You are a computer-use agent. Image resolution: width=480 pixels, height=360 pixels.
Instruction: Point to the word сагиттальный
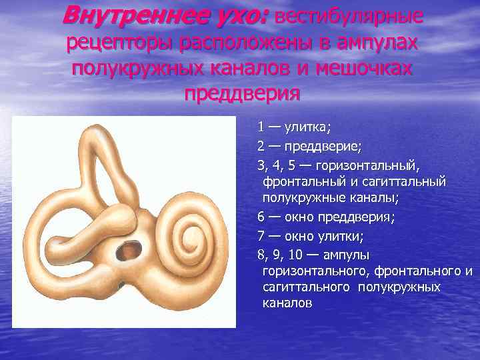409,181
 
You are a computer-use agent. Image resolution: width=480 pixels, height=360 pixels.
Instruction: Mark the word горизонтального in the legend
317,271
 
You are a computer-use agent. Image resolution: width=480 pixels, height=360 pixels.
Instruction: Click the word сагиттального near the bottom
307,287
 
